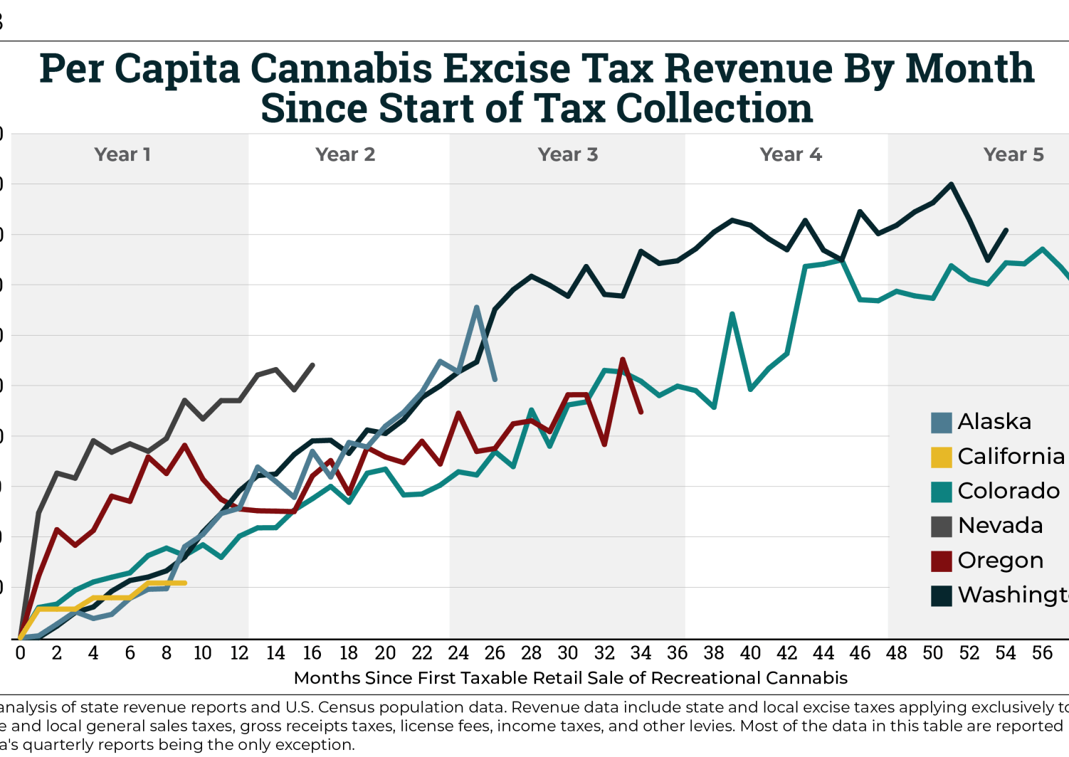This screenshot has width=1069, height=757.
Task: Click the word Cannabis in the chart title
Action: coord(341,69)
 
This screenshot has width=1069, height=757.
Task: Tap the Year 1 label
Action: coord(122,154)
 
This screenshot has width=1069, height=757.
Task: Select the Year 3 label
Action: coord(567,154)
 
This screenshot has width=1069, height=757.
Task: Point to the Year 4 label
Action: coord(790,154)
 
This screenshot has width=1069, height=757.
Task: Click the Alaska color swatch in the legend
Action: coord(941,423)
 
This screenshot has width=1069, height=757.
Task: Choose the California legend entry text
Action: coord(1011,456)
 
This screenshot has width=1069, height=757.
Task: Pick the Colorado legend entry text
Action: coord(1009,491)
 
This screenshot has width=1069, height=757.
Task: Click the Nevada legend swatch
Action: coord(941,526)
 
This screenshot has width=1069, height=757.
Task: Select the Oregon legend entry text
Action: coord(1000,561)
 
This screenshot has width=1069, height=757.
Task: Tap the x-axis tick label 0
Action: coord(20,653)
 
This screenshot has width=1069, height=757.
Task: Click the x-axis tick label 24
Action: coord(458,653)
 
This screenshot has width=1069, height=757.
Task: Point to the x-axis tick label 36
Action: coord(678,653)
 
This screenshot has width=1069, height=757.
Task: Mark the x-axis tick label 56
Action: coord(1042,653)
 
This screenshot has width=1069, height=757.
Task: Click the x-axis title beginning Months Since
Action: coord(570,678)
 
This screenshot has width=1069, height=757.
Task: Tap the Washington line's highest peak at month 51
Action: coord(952,184)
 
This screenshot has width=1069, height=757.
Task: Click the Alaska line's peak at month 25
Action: coord(476,307)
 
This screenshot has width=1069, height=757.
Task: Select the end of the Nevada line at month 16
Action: coord(313,365)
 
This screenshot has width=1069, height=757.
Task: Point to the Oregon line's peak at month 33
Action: coord(623,359)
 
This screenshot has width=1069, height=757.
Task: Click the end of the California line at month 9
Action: coord(185,583)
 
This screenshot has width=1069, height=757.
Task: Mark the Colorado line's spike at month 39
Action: coord(732,314)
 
